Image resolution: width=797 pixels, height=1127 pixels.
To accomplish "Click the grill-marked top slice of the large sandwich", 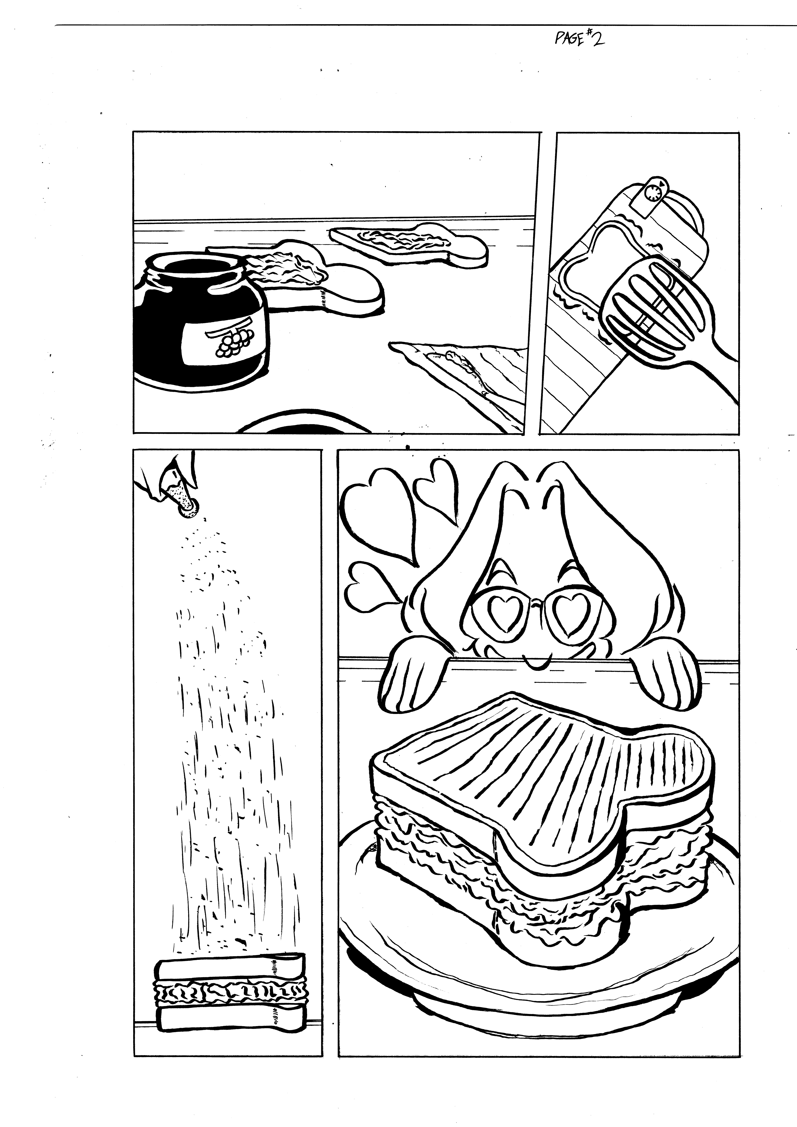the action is (540, 771).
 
